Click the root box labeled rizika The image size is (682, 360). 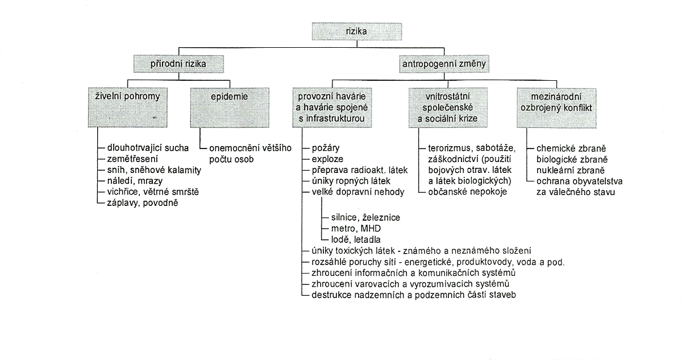coord(357,31)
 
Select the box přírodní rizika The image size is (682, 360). coord(178,64)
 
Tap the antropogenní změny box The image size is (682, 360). coord(444,64)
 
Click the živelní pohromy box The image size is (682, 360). coord(127,107)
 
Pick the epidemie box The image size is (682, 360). coord(230,107)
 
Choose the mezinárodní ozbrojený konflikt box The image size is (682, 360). coord(556,108)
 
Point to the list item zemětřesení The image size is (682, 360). coord(132,159)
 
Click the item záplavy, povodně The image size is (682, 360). coord(143,203)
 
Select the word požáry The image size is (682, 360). coord(326,148)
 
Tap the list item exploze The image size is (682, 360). coord(327,159)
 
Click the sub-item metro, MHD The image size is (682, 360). coord(356,229)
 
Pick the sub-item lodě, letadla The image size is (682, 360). coord(356,239)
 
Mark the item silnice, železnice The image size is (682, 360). coord(365,217)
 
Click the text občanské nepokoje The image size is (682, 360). coord(467,192)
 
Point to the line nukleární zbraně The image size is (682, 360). coord(571,170)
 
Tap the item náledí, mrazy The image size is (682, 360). coord(135,181)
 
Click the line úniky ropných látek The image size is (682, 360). coord(351,181)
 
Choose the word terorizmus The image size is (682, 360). coord(449,148)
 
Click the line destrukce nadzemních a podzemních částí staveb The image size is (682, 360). coord(414,295)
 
